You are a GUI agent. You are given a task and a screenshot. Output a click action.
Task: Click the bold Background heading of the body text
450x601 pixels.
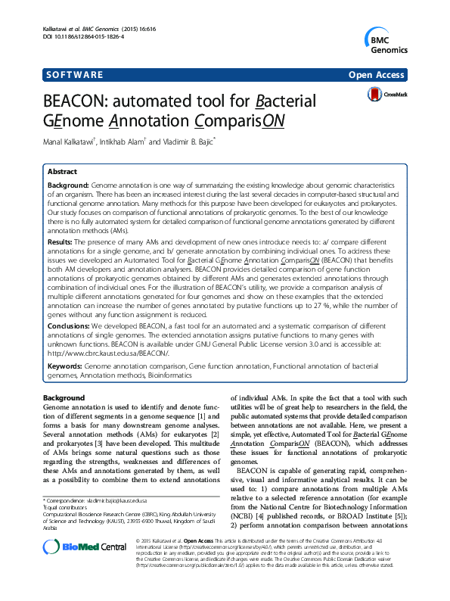(x=64, y=398)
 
